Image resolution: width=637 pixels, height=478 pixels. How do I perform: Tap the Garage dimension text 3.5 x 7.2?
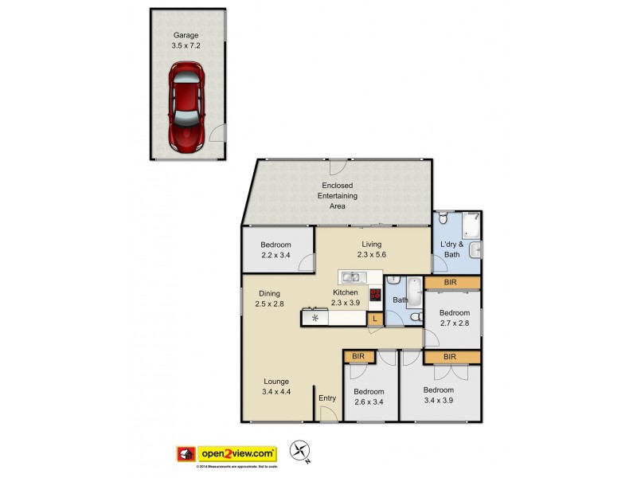pyautogui.click(x=188, y=46)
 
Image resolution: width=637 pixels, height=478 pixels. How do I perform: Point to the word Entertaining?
pyautogui.click(x=338, y=195)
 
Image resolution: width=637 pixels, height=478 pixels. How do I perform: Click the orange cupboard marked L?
pyautogui.click(x=375, y=319)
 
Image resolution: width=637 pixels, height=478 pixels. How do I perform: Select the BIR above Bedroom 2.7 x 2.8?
pyautogui.click(x=451, y=282)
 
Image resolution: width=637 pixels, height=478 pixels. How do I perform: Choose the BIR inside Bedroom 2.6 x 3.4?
pyautogui.click(x=357, y=355)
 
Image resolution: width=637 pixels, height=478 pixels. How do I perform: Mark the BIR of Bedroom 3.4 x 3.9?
pyautogui.click(x=451, y=357)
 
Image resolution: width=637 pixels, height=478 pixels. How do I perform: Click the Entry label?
pyautogui.click(x=327, y=398)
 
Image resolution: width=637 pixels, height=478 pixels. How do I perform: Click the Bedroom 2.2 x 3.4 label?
pyautogui.click(x=275, y=250)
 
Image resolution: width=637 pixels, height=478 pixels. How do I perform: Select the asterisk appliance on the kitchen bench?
pyautogui.click(x=315, y=318)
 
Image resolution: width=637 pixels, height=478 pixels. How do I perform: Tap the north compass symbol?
pyautogui.click(x=300, y=451)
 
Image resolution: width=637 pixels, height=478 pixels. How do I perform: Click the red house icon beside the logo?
pyautogui.click(x=186, y=454)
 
